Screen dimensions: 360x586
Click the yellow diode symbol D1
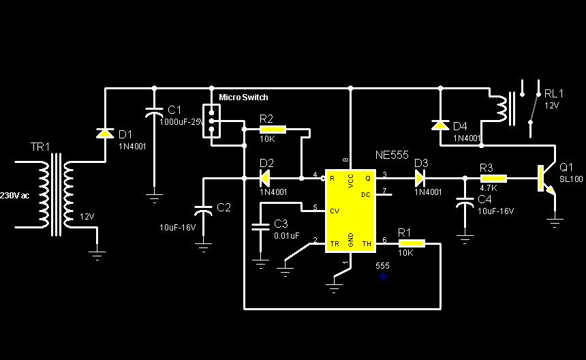[x=104, y=133]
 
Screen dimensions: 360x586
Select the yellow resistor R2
[x=273, y=128]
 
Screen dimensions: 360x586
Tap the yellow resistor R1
[x=411, y=242]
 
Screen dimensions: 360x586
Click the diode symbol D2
[x=266, y=179]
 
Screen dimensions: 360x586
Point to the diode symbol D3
[x=420, y=179]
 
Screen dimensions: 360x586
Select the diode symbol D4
[x=440, y=125]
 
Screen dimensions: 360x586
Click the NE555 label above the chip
[x=391, y=155]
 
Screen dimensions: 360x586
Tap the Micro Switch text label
[x=243, y=97]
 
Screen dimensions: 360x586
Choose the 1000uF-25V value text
[x=181, y=121]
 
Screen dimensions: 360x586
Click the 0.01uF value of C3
[x=286, y=236]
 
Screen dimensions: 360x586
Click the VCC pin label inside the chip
[x=350, y=181]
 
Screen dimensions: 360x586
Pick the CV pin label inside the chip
[x=334, y=211]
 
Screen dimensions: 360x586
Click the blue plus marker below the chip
[x=384, y=277]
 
